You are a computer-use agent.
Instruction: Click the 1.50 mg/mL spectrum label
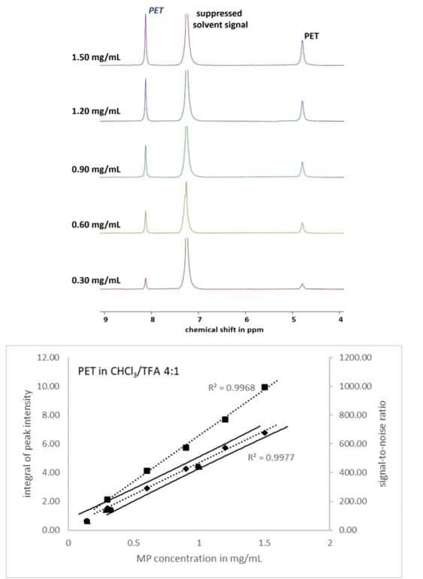(96, 58)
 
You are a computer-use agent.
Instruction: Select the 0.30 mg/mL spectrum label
(96, 281)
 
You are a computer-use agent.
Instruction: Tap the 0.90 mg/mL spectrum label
(96, 170)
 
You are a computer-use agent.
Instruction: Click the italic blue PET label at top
(156, 11)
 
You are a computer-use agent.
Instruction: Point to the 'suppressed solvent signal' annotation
(220, 20)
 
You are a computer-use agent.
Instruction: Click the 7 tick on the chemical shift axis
(199, 319)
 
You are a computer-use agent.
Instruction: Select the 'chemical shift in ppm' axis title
(224, 330)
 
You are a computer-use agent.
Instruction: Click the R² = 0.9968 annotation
(231, 388)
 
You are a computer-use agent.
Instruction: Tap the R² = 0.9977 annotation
(270, 457)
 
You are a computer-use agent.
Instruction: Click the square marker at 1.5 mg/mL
(264, 387)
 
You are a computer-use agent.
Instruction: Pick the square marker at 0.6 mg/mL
(147, 471)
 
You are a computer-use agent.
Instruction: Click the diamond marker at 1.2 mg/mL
(225, 448)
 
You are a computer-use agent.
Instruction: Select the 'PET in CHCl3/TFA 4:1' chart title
(128, 371)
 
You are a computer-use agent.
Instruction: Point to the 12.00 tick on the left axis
(48, 357)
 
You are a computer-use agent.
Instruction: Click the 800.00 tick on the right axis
(355, 415)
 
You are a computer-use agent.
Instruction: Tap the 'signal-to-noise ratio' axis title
(382, 444)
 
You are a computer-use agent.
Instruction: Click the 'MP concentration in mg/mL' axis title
(199, 558)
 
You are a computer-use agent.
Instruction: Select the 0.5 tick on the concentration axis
(134, 543)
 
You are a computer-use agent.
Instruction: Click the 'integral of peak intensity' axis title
(27, 444)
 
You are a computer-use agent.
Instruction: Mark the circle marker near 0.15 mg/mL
(87, 521)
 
